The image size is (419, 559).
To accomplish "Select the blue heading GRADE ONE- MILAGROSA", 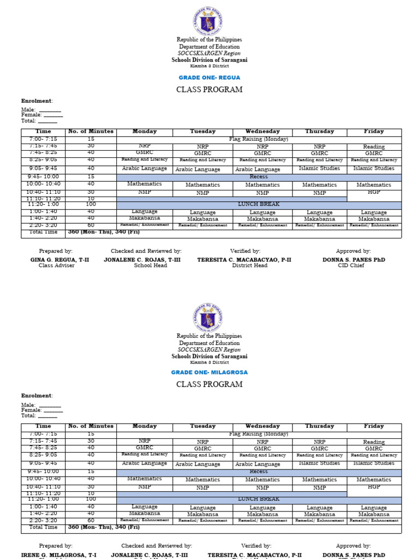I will [x=209, y=372].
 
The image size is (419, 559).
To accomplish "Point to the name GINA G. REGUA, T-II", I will [x=56, y=260].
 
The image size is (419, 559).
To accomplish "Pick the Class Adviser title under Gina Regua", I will [x=56, y=266].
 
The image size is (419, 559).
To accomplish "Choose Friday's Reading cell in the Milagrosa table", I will [x=374, y=442].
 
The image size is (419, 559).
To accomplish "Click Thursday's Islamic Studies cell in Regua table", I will [x=320, y=169].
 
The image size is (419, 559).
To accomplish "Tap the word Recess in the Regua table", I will [x=259, y=177].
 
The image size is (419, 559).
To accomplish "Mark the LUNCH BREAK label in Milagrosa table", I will [x=259, y=499].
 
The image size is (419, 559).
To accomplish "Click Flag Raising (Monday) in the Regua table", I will [x=259, y=139].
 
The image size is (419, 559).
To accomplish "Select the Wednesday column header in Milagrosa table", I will [x=262, y=426].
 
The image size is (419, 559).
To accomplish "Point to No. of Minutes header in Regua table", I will [x=91, y=132].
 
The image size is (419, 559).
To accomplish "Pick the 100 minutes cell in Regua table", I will [x=91, y=204].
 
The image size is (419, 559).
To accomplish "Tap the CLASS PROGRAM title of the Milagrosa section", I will [x=209, y=384].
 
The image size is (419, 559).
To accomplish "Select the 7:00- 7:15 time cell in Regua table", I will [x=43, y=139].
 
